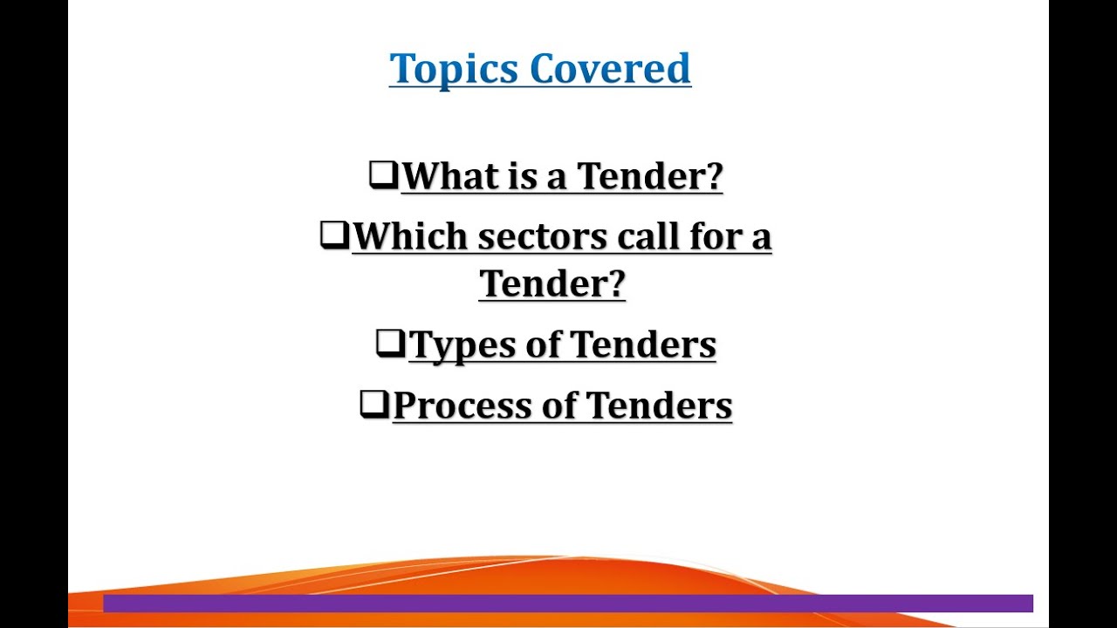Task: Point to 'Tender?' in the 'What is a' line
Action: tap(650, 176)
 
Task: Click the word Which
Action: tap(410, 236)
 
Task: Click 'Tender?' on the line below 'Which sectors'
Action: tap(552, 283)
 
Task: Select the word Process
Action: tap(461, 406)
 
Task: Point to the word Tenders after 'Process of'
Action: tap(660, 406)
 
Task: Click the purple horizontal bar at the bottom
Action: tap(567, 604)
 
